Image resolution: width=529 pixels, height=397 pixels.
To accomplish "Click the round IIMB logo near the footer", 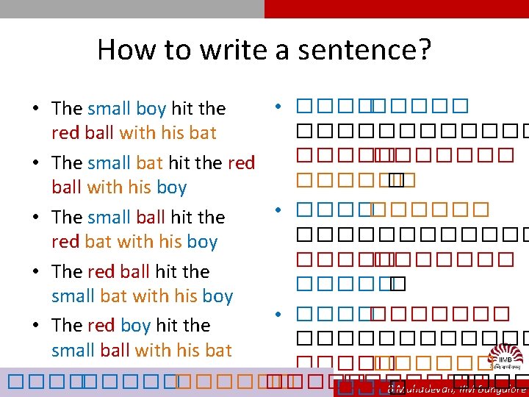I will click(505, 360).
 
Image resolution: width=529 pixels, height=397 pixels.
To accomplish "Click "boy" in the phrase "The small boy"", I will click(151, 108).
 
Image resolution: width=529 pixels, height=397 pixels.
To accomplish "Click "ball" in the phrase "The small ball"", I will click(150, 217).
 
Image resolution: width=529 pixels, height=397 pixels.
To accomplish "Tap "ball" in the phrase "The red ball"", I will click(134, 271).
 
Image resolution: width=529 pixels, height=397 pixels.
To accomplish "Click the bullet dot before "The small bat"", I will click(35, 162).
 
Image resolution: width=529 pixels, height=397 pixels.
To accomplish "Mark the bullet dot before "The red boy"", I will click(35, 326).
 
